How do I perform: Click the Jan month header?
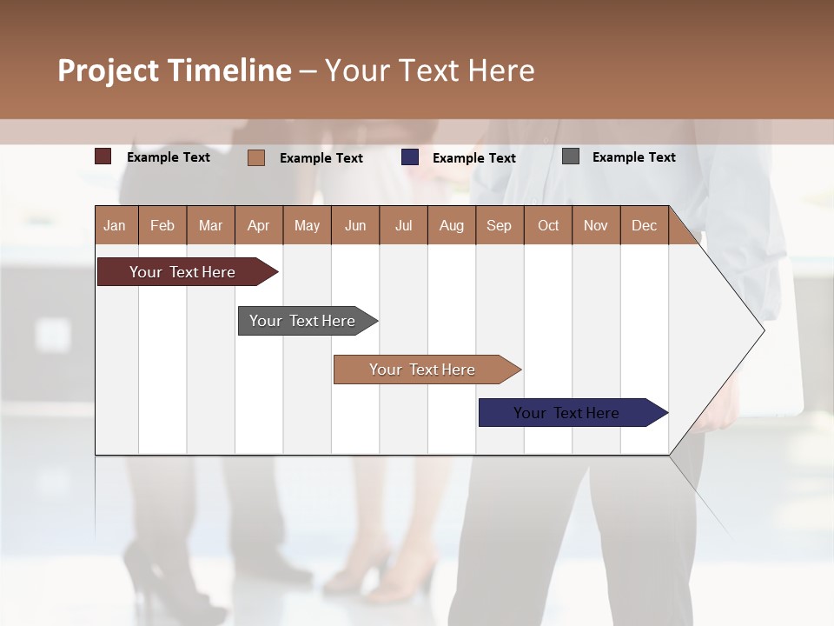[116, 225]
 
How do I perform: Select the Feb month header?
[162, 225]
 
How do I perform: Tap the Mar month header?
[210, 225]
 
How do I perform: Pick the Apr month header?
[258, 225]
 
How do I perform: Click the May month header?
[307, 225]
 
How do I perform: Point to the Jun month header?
[355, 225]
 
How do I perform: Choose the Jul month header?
[403, 225]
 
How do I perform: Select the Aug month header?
[451, 225]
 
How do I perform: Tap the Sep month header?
[499, 225]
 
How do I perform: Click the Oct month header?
[548, 225]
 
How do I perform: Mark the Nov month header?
[596, 225]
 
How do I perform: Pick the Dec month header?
[644, 225]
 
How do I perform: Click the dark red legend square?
[103, 156]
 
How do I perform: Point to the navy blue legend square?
[410, 157]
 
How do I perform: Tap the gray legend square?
[571, 156]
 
